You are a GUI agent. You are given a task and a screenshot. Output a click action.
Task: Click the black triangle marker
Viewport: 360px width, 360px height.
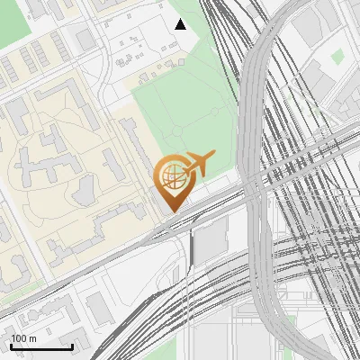click(180, 24)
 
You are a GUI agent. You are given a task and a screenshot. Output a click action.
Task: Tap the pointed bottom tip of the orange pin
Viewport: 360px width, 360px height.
click(171, 212)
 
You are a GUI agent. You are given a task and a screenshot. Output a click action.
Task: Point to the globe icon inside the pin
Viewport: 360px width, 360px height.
click(171, 177)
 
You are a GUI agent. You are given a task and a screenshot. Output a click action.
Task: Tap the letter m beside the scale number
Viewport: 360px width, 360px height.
click(33, 338)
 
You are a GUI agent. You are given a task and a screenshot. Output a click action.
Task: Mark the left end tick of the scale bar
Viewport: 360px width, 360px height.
click(10, 346)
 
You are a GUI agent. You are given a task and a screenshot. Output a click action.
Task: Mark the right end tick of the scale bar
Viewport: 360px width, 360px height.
click(72, 346)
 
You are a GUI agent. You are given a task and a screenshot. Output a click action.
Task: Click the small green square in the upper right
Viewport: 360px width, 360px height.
click(337, 56)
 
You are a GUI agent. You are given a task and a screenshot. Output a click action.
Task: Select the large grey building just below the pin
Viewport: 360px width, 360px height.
click(212, 238)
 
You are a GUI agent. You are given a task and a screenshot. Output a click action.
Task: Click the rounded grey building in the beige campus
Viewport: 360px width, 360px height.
click(83, 189)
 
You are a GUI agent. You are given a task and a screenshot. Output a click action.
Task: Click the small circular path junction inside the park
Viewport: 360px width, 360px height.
click(214, 112)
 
